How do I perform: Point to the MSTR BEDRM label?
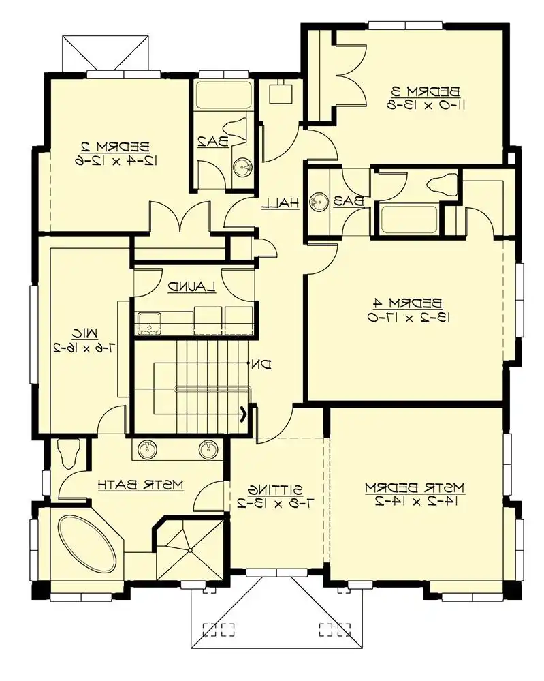click(x=414, y=487)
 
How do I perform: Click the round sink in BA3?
click(x=319, y=202)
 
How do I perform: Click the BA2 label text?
click(x=212, y=141)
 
